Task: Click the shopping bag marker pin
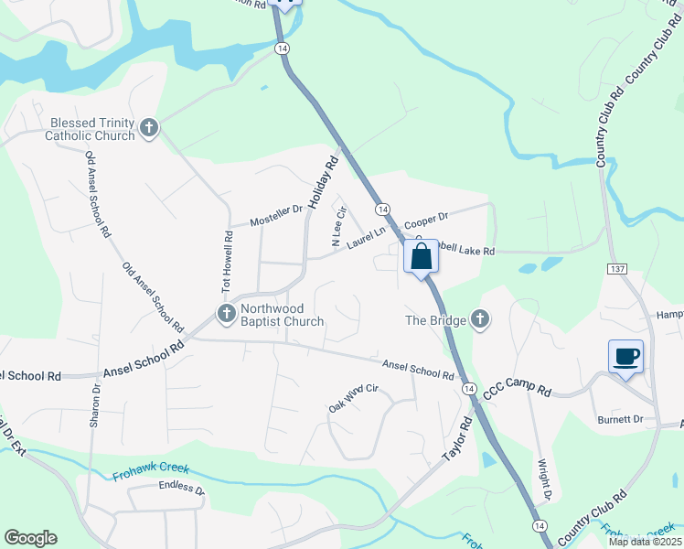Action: (x=421, y=256)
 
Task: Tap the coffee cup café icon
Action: (x=625, y=357)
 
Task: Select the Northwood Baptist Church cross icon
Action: (x=226, y=314)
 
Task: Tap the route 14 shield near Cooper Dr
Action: (x=382, y=209)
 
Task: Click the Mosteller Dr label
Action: (x=276, y=216)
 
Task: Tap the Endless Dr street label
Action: (x=181, y=490)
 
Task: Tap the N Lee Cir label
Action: (x=337, y=228)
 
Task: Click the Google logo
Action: (x=30, y=538)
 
